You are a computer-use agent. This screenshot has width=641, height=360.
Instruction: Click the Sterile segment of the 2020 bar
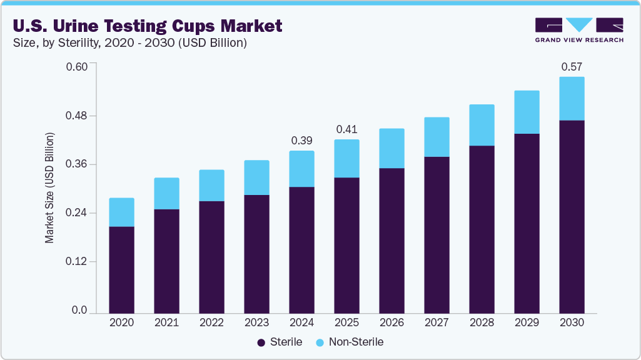[121, 269]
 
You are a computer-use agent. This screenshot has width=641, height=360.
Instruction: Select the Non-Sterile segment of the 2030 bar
[572, 98]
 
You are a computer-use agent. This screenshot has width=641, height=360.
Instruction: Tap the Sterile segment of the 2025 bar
[346, 245]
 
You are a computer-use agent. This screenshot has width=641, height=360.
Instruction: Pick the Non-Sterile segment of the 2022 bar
[211, 185]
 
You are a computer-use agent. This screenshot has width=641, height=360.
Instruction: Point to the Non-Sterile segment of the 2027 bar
[437, 137]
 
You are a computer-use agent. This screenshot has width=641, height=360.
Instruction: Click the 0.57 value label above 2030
[572, 67]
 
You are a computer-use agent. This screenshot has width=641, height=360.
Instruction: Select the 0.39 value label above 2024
[301, 141]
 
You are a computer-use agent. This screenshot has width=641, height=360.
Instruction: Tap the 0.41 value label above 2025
[346, 129]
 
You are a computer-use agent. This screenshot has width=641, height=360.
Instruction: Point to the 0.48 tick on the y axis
[78, 116]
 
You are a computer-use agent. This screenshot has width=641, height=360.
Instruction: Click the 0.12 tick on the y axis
[78, 262]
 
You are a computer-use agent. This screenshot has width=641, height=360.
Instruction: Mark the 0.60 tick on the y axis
[78, 67]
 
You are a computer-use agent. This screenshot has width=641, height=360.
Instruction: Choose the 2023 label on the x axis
[256, 323]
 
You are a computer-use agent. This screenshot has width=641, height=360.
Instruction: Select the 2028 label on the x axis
[482, 323]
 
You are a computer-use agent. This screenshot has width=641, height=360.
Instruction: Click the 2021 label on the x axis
[166, 323]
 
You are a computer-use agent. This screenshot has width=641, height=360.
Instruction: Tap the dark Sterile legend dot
[261, 342]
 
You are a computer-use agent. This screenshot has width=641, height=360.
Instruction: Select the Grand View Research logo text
[579, 40]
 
